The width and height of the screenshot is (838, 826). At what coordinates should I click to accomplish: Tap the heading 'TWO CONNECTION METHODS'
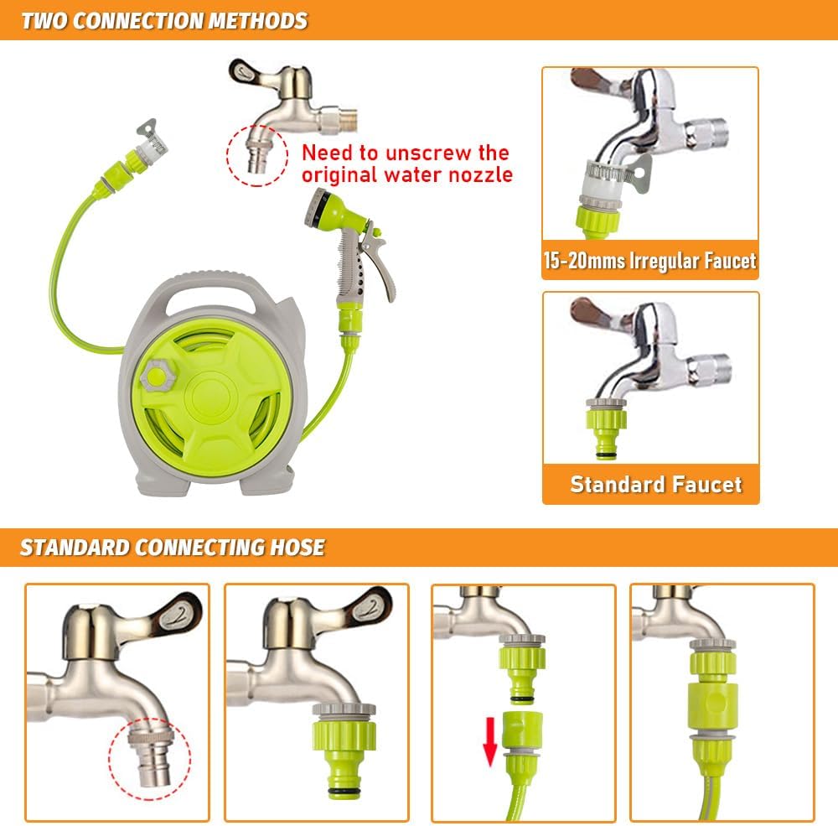(x=164, y=20)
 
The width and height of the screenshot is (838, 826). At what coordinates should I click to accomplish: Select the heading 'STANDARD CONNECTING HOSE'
(x=172, y=548)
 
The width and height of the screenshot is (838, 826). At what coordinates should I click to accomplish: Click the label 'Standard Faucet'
(x=655, y=484)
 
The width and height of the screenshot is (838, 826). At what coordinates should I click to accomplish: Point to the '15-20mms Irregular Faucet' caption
(x=649, y=262)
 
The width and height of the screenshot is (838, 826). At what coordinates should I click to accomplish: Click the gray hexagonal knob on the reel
(x=155, y=374)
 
